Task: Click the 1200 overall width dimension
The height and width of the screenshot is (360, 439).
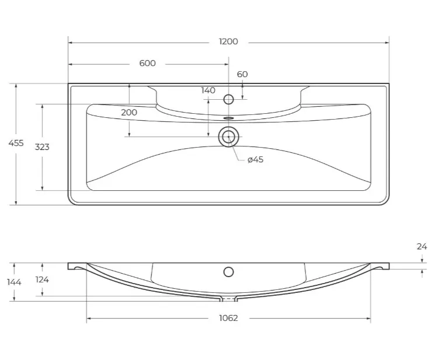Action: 228,41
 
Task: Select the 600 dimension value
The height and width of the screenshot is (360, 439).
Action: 147,63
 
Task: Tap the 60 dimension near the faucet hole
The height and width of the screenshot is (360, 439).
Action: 242,74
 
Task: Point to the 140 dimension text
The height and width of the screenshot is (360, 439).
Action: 208,90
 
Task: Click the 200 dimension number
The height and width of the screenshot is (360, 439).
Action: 129,113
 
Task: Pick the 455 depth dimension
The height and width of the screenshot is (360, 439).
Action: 16,143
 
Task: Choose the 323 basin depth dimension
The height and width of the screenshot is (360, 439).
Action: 42,147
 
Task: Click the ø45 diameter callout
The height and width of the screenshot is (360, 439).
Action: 255,159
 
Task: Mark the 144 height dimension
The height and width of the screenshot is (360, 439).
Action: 14,282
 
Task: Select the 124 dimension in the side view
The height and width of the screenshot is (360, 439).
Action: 42,279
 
